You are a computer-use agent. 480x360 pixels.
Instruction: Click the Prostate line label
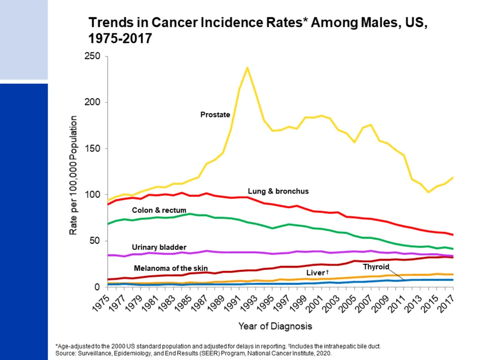[215, 115]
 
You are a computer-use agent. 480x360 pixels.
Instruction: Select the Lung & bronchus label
[278, 191]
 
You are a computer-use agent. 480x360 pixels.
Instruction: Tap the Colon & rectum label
[159, 210]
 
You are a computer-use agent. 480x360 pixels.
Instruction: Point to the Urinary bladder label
[159, 247]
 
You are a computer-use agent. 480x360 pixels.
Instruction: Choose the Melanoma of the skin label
[171, 269]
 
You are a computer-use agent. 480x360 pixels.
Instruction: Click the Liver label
[317, 273]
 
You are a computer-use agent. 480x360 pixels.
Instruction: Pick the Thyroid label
[376, 267]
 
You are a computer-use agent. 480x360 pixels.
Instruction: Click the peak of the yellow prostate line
[247, 67]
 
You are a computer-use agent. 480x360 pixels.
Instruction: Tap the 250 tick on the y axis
[92, 56]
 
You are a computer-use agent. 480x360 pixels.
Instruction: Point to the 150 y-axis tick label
[92, 149]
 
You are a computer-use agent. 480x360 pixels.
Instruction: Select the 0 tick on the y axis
[97, 287]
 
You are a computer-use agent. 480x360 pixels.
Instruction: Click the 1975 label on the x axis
[101, 303]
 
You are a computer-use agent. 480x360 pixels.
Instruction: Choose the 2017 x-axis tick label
[446, 303]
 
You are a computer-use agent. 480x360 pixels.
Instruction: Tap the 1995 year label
[265, 303]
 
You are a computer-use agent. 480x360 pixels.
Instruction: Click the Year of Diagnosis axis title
[275, 326]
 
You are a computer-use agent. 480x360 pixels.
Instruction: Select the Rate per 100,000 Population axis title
[73, 175]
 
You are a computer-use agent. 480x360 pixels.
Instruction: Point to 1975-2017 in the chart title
[120, 38]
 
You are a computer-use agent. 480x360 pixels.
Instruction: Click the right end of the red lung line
[453, 235]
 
